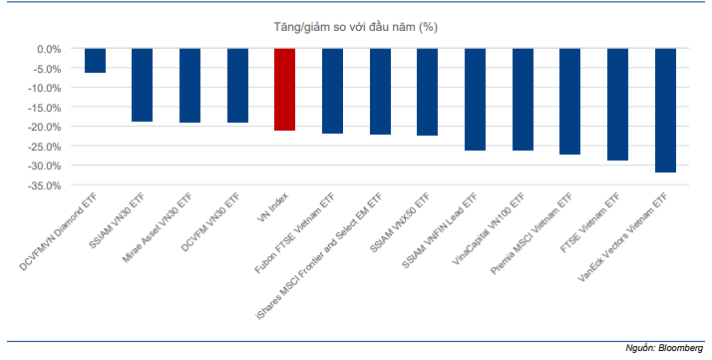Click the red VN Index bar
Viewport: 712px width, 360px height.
(x=285, y=90)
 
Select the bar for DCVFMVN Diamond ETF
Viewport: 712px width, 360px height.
(x=96, y=61)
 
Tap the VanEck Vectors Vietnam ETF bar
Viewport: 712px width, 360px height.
(x=666, y=111)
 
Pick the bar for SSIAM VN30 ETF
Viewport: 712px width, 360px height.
(x=143, y=85)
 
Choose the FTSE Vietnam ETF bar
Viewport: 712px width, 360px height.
(x=617, y=105)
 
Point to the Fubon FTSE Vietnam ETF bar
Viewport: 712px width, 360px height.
(x=332, y=91)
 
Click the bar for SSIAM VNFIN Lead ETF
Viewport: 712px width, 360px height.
(x=475, y=100)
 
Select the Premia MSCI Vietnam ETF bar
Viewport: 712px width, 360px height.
(x=569, y=102)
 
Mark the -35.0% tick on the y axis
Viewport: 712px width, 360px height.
(x=44, y=185)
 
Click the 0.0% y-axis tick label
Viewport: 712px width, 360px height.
(x=49, y=49)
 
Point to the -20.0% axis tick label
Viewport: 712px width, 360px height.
(x=44, y=127)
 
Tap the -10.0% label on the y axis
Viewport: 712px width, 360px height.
(x=44, y=88)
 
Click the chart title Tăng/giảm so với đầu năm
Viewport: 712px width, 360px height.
(x=356, y=27)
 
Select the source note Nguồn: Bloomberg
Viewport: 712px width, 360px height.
(x=664, y=348)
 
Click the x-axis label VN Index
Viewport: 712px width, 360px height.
(x=272, y=207)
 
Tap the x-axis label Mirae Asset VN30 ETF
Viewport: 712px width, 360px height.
(x=158, y=227)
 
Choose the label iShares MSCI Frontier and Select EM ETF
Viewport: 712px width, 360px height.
(x=319, y=256)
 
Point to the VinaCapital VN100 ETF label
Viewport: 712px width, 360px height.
(x=489, y=228)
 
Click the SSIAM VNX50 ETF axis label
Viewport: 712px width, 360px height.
(x=400, y=222)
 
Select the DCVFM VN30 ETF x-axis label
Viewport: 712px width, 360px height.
(x=210, y=222)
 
